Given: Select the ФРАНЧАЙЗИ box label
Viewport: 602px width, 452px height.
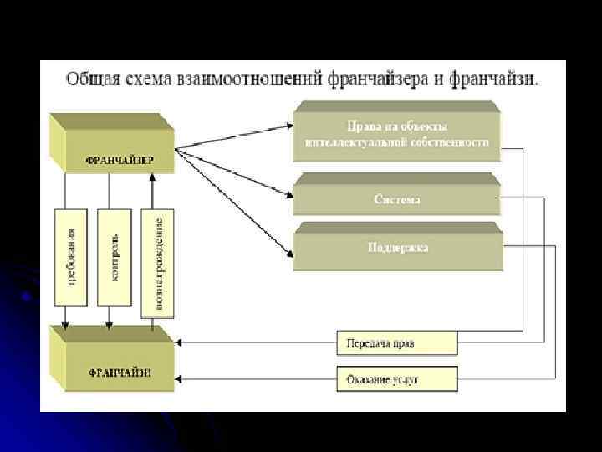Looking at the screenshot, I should click(119, 372).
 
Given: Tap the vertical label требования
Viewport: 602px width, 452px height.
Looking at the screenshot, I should click(70, 256).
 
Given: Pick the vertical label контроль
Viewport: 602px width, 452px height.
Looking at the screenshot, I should click(115, 256).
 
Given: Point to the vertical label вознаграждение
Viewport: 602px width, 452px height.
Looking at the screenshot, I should click(157, 261).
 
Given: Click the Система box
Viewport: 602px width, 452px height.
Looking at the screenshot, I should click(396, 200).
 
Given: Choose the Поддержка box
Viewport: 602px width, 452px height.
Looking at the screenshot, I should click(397, 248).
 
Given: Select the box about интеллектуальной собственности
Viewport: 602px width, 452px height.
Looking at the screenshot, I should click(397, 135).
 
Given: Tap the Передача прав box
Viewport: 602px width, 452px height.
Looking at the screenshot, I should click(396, 343).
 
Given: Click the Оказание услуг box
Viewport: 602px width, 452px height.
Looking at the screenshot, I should click(396, 379).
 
